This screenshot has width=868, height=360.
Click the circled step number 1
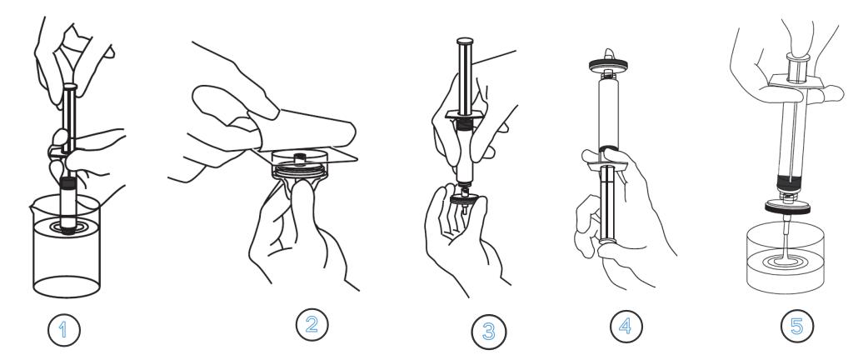click(63, 330)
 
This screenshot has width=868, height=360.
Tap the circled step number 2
click(312, 324)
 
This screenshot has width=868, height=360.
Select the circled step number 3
click(488, 332)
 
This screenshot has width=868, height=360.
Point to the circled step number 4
click(626, 326)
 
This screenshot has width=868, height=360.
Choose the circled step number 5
click(797, 326)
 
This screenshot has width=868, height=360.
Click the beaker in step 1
click(67, 247)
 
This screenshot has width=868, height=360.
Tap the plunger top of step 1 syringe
click(70, 87)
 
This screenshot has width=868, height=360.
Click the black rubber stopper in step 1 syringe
click(68, 182)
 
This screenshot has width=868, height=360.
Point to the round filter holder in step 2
click(299, 165)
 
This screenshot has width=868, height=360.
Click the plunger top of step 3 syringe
click(465, 41)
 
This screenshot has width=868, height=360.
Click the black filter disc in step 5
click(787, 207)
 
